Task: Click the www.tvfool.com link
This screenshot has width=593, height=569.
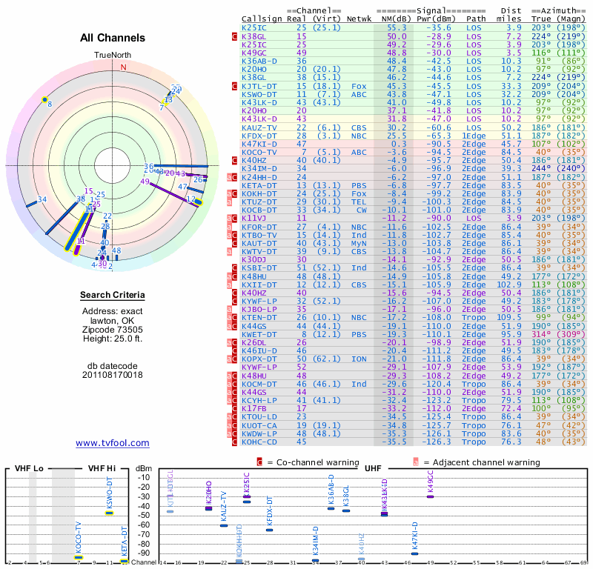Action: (x=113, y=443)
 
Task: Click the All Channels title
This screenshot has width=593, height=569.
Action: (x=113, y=38)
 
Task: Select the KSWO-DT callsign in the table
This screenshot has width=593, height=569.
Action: (x=259, y=95)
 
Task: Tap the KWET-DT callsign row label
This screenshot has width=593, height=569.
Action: (x=259, y=334)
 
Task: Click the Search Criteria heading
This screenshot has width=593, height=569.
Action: (x=113, y=296)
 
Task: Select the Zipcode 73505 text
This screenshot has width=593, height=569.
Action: (x=113, y=330)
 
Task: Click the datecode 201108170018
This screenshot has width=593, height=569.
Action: (x=113, y=375)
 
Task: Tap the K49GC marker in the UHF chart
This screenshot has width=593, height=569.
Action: (x=430, y=496)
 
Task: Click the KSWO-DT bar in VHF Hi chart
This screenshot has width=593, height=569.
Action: (x=109, y=513)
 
